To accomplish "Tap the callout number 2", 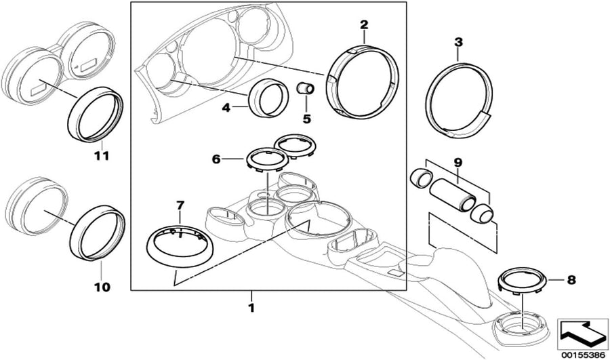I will [364, 25].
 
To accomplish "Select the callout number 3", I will [458, 43].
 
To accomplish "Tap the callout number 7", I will [180, 205].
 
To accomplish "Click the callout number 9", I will [457, 163].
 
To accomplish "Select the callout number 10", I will [102, 287].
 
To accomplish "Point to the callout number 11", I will [102, 157].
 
